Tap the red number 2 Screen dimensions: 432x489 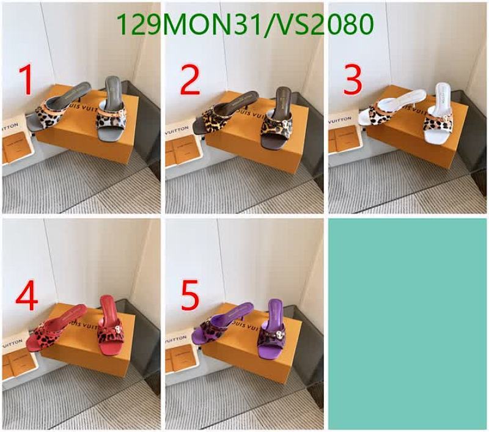point(190,79)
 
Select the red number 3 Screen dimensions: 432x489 point(353,79)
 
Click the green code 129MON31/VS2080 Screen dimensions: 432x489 point(244,24)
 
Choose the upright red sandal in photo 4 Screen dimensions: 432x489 point(110,327)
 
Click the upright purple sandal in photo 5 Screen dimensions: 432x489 point(273,330)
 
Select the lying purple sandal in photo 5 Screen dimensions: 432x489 point(217,330)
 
